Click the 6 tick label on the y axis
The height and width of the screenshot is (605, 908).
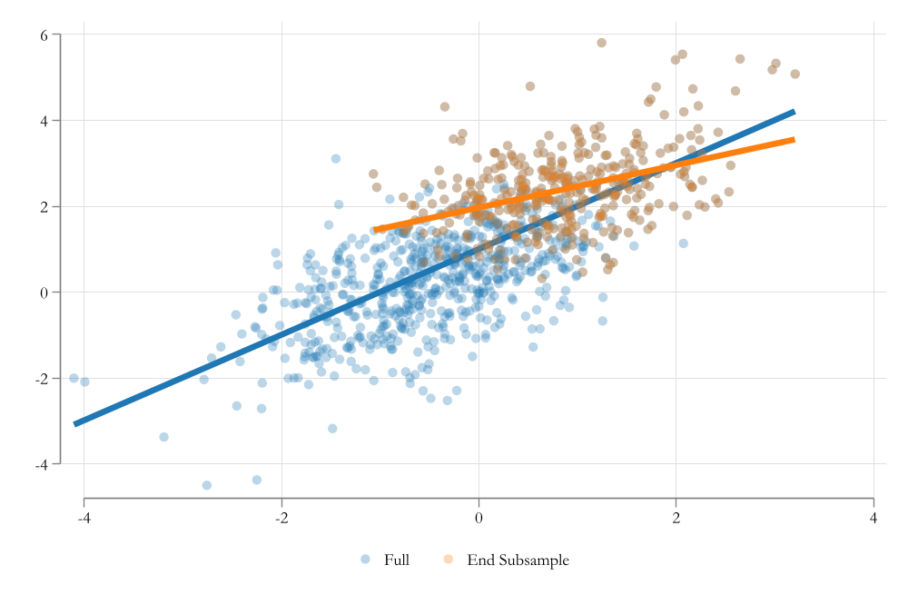[43, 35]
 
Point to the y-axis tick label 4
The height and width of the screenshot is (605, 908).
[43, 120]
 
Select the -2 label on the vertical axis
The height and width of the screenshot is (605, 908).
[40, 378]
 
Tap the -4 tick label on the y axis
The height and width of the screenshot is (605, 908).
[40, 464]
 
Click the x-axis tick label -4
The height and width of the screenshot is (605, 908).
[84, 519]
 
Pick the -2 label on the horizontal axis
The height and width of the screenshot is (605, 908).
[281, 519]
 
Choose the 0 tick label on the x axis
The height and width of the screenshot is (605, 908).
[479, 519]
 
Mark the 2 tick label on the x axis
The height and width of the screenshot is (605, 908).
[676, 519]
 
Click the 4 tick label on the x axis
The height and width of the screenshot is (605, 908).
[873, 519]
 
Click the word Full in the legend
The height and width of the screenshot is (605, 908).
[397, 560]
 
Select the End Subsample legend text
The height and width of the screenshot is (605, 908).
[518, 560]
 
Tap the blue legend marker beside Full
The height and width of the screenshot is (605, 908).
[365, 560]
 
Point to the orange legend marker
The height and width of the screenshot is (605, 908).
[449, 560]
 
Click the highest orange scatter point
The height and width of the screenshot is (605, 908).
[601, 43]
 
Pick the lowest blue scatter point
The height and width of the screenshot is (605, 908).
[207, 485]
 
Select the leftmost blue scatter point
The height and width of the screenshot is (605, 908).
[74, 378]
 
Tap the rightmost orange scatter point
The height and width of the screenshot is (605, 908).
[794, 74]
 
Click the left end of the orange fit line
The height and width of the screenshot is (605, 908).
[376, 230]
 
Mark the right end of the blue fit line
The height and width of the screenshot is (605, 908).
[794, 112]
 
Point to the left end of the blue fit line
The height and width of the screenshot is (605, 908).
[74, 423]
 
